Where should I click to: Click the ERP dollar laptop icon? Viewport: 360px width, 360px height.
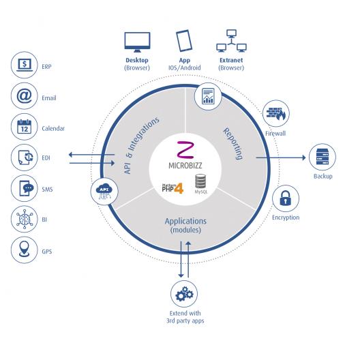[x=25, y=65]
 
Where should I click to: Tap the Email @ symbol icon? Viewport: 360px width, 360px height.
[x=25, y=96]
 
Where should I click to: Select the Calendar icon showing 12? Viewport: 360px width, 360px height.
[x=25, y=127]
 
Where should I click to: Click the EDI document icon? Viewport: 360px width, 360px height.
[x=25, y=157]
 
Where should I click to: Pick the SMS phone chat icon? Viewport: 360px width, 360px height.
[x=26, y=188]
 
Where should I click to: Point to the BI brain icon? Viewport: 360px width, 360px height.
[x=25, y=219]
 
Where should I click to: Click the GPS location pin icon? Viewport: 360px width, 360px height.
[x=25, y=249]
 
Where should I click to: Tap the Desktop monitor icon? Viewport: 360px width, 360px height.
[x=137, y=42]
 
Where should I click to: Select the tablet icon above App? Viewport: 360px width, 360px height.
[x=184, y=41]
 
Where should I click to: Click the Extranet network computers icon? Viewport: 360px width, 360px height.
[x=231, y=41]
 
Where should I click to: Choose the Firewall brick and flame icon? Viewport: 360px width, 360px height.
[x=276, y=113]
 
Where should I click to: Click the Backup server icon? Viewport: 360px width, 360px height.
[x=322, y=157]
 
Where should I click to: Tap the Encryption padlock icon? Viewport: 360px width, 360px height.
[x=286, y=198]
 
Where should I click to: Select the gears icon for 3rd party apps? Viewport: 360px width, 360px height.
[x=184, y=294]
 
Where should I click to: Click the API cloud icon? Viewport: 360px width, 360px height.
[x=104, y=191]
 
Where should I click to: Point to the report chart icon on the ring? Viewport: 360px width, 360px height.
[x=208, y=96]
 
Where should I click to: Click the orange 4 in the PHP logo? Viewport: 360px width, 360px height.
[x=179, y=188]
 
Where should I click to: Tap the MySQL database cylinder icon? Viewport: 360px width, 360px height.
[x=200, y=181]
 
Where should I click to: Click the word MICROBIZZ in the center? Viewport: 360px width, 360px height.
[x=185, y=165]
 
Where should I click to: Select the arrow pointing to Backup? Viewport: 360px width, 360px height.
[x=281, y=157]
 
